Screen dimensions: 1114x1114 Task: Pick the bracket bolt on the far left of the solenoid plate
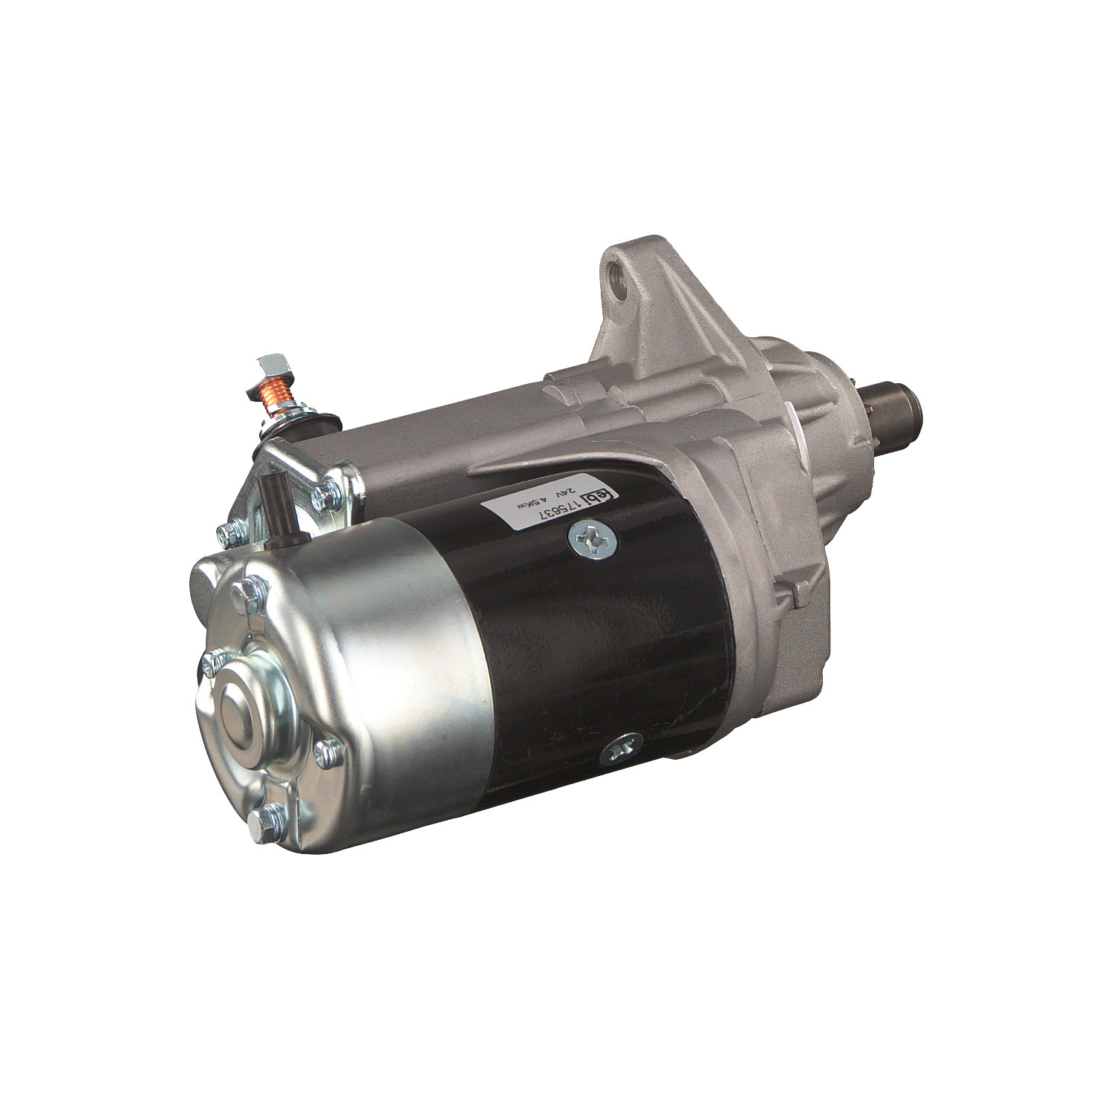(x=228, y=531)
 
